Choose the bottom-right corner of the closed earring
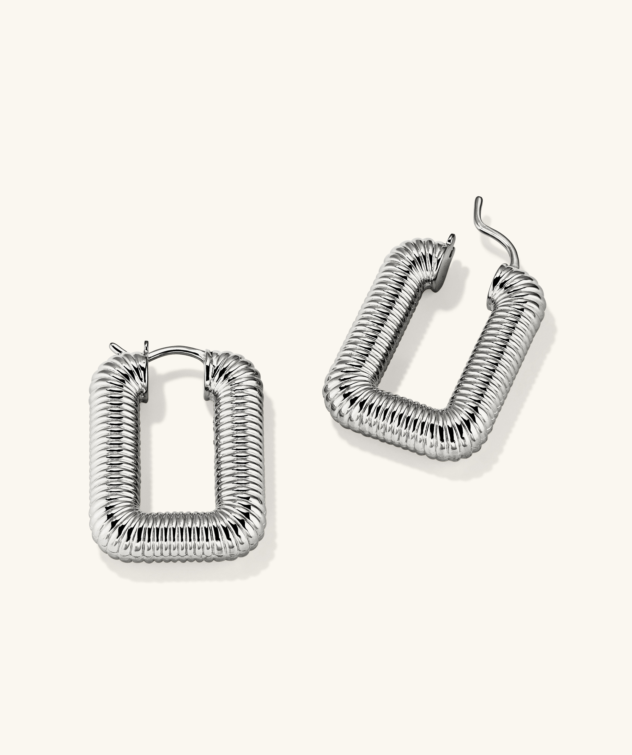click(x=248, y=532)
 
